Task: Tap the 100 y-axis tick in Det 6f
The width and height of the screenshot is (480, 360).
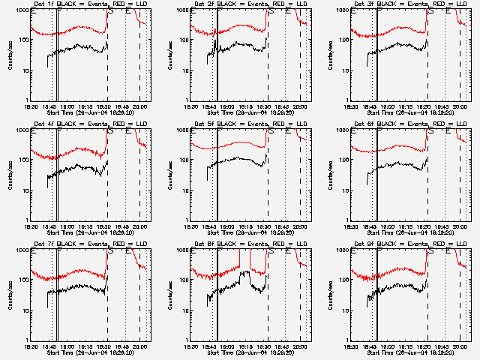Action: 342,160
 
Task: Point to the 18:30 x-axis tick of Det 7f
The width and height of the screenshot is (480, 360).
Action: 30,346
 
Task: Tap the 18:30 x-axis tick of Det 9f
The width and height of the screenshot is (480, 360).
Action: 350,346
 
